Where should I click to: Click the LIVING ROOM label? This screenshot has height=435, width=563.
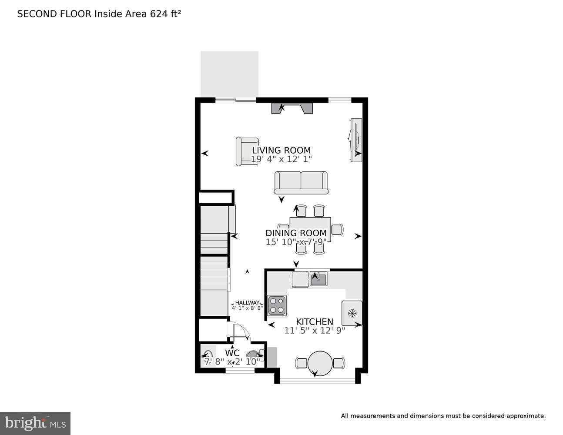tap(281, 151)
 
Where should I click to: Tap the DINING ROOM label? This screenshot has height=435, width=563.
tap(296, 233)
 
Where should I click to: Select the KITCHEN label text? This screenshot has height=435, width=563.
tap(315, 321)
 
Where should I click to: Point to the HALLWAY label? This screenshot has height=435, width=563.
tap(247, 303)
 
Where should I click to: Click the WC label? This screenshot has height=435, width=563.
tap(232, 352)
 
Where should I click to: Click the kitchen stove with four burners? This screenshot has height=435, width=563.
tap(277, 305)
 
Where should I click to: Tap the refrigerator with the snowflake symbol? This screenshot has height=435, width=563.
tap(352, 313)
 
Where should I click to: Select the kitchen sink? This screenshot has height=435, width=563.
tap(318, 279)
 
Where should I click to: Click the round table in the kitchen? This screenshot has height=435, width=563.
tap(320, 363)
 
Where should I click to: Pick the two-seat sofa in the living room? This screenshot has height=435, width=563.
tap(301, 182)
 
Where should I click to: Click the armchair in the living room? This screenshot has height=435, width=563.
tap(246, 151)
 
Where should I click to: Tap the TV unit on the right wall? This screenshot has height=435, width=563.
tap(356, 140)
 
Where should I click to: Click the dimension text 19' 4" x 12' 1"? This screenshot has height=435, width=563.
tap(281, 159)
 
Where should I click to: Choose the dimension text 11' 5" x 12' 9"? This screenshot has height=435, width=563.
tap(315, 330)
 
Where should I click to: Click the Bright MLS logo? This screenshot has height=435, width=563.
tap(35, 423)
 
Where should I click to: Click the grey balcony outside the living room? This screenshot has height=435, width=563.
tap(229, 74)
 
